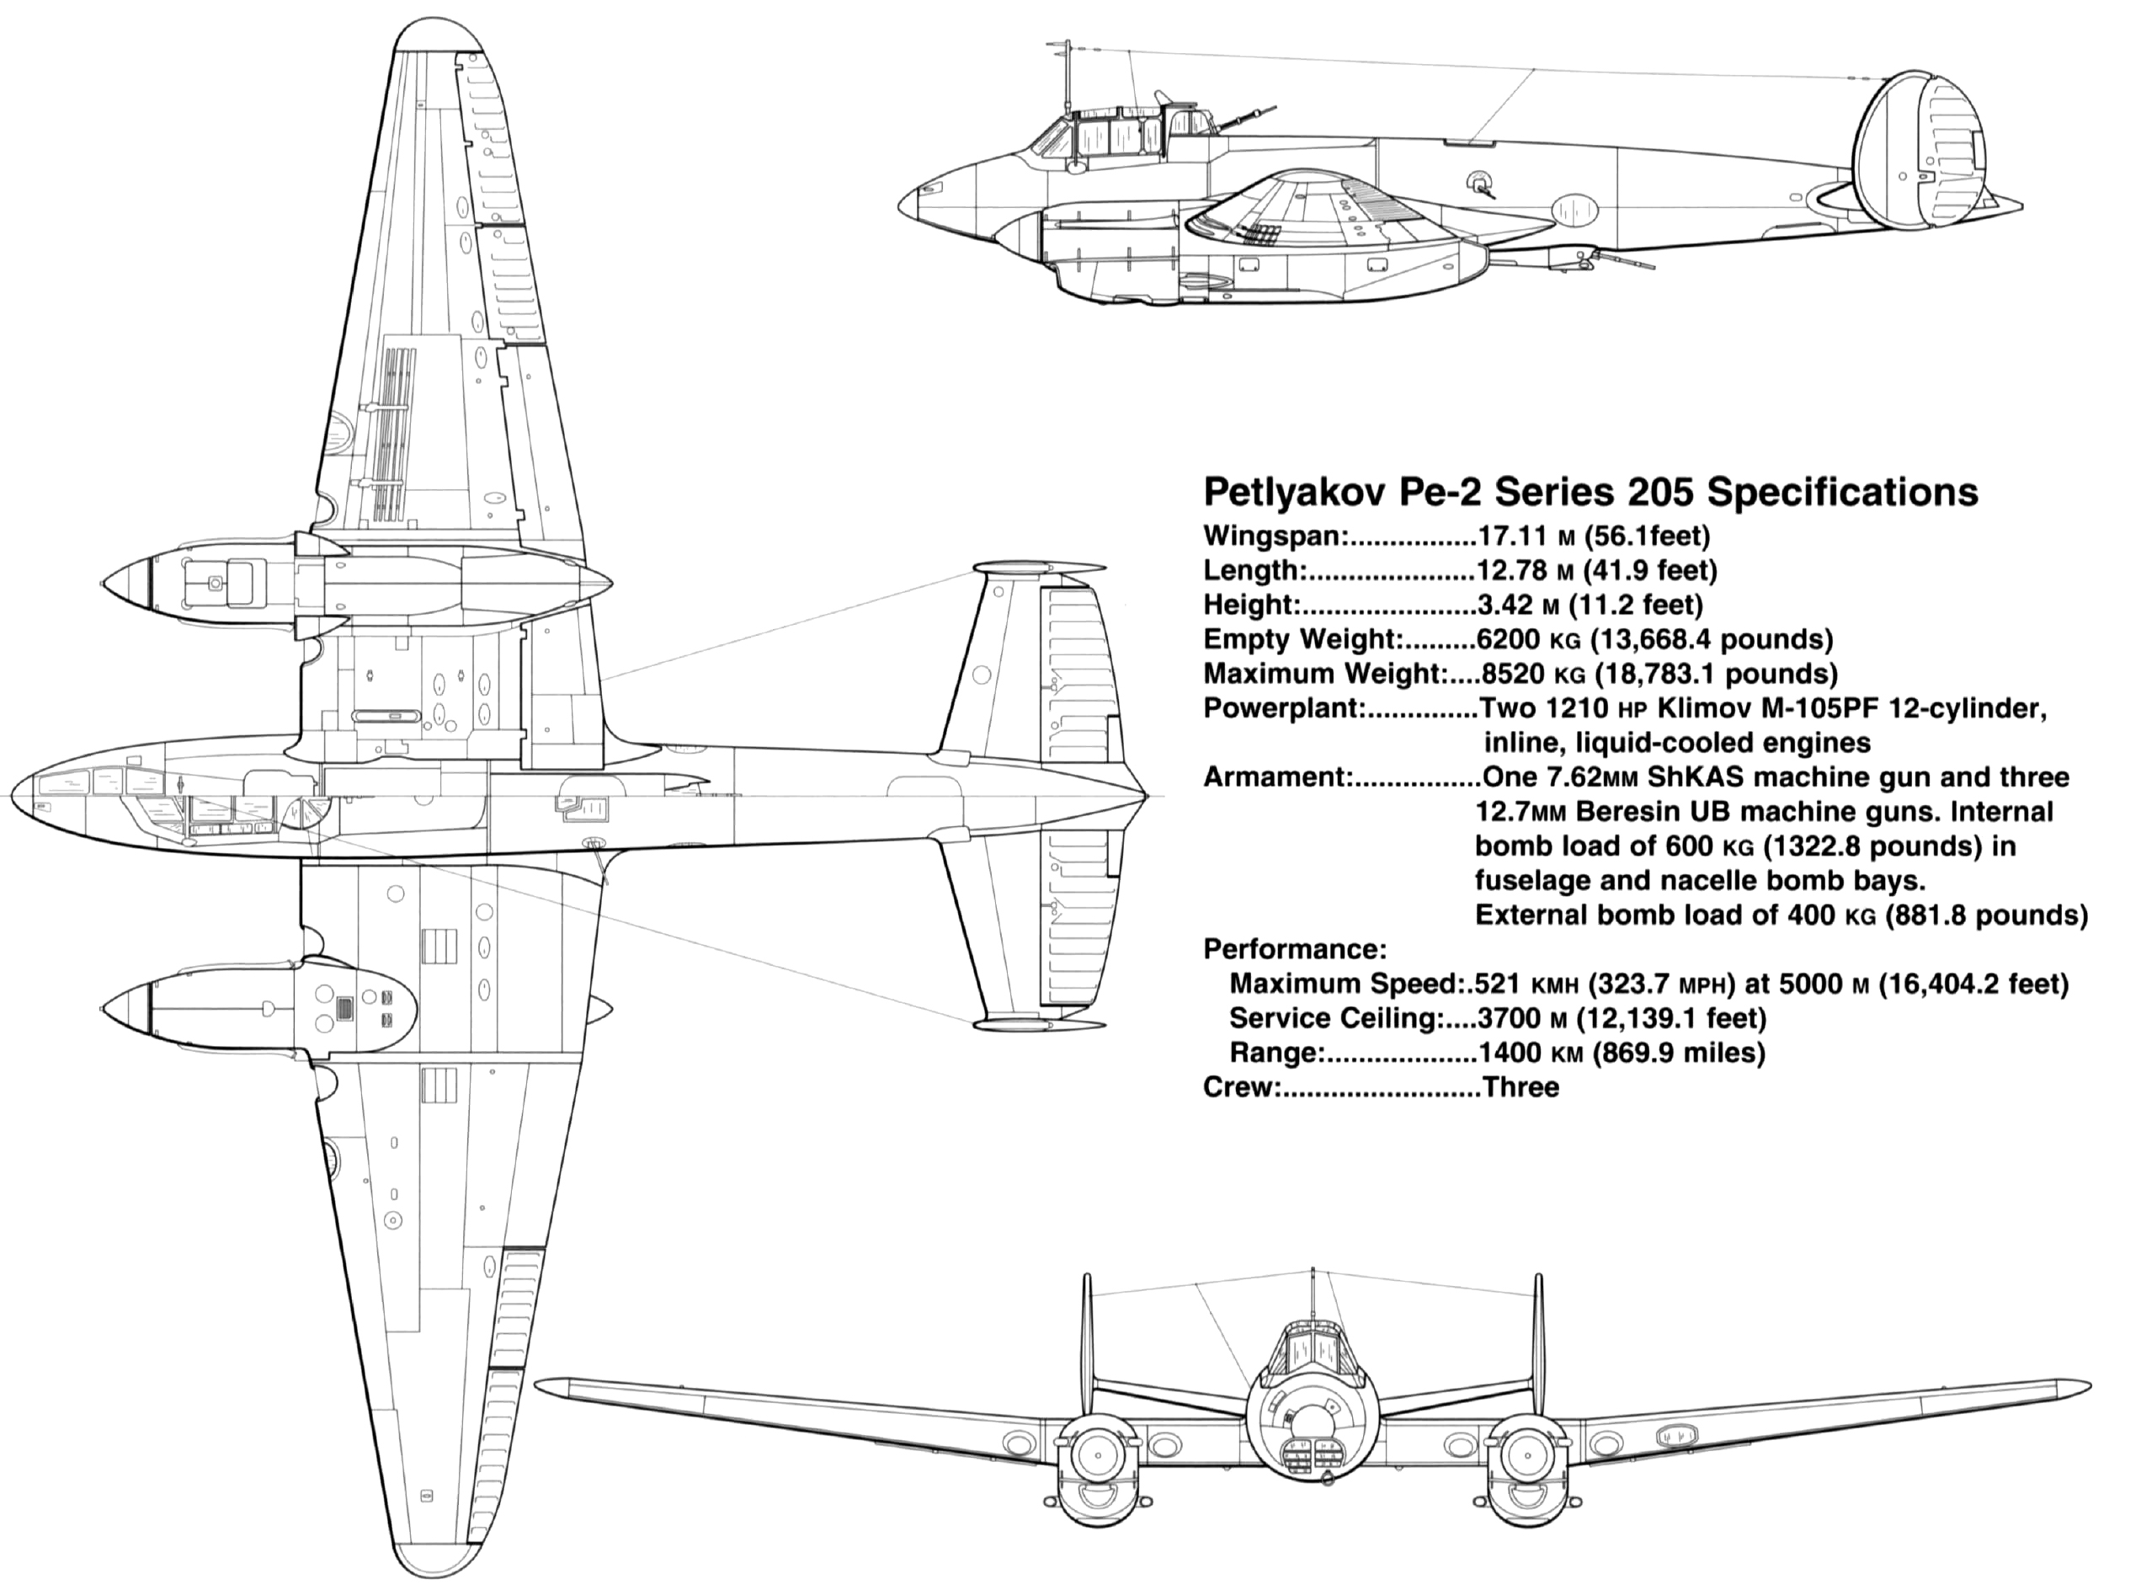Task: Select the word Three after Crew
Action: click(1521, 1087)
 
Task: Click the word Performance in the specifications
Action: click(1294, 949)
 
